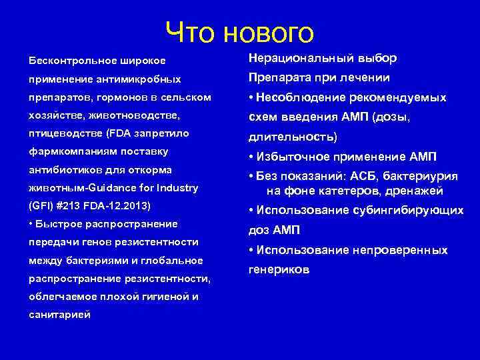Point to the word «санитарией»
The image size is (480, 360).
[59, 314]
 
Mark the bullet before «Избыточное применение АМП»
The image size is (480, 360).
[249, 157]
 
